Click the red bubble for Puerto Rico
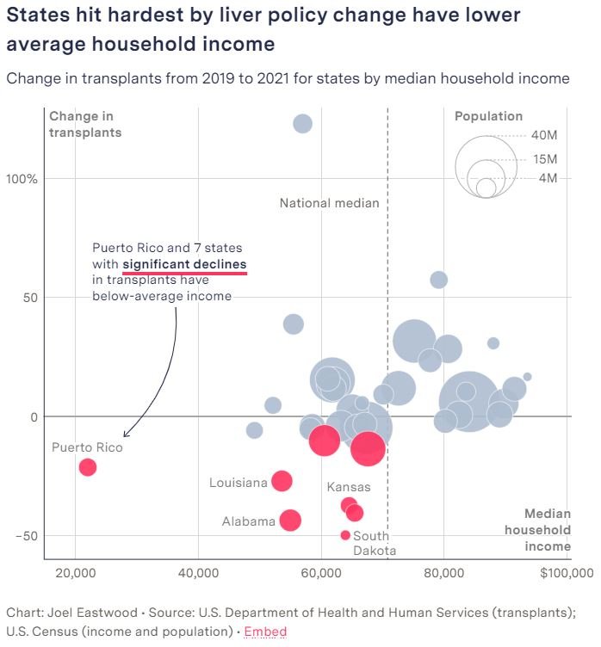(87, 467)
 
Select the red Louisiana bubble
(282, 482)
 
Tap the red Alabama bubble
(290, 520)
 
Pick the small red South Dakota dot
(345, 535)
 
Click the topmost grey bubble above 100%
(302, 124)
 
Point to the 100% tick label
(23, 179)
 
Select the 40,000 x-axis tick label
(199, 573)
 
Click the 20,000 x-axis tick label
(76, 573)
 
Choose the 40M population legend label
(544, 136)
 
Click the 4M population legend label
(548, 178)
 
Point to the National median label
(329, 204)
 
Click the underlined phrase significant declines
(184, 264)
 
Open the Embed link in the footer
(265, 632)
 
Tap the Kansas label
(349, 487)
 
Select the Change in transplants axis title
(85, 125)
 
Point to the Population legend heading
(488, 116)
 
